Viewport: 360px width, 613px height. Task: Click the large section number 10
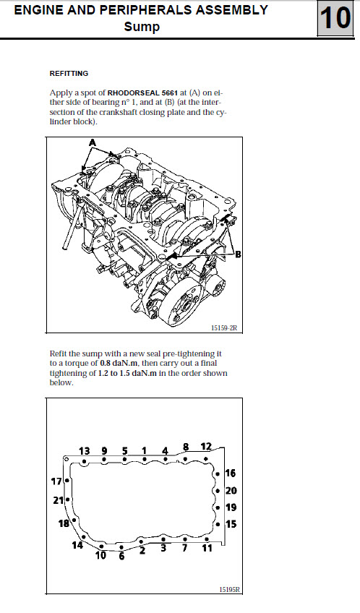click(335, 18)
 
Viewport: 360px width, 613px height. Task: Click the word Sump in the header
click(142, 27)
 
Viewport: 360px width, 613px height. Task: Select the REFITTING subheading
click(69, 74)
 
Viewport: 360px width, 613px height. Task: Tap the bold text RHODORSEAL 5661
click(142, 93)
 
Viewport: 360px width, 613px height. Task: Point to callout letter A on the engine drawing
click(93, 143)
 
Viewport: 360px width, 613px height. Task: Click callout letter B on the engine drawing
click(238, 254)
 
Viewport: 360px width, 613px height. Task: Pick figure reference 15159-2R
click(224, 328)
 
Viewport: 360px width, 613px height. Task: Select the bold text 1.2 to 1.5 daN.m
click(127, 373)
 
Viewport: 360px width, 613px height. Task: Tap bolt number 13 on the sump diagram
click(85, 451)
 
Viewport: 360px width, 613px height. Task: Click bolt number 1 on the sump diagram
click(145, 451)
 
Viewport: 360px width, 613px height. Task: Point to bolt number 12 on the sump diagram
click(206, 447)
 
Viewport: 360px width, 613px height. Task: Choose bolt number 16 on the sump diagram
click(231, 473)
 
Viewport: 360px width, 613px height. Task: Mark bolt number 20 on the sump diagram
click(231, 491)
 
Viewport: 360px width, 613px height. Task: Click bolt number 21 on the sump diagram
click(59, 500)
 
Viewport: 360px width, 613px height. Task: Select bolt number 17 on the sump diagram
click(56, 481)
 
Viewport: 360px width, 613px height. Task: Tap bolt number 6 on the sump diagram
click(121, 556)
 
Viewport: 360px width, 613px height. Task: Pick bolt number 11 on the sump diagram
click(207, 548)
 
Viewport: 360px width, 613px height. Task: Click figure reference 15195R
click(228, 590)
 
